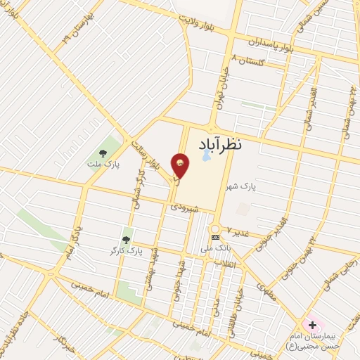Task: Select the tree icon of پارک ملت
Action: pyautogui.click(x=103, y=153)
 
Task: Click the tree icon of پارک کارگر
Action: pyautogui.click(x=127, y=240)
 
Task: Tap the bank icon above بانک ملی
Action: pyautogui.click(x=215, y=237)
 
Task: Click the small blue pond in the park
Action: pyautogui.click(x=205, y=157)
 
